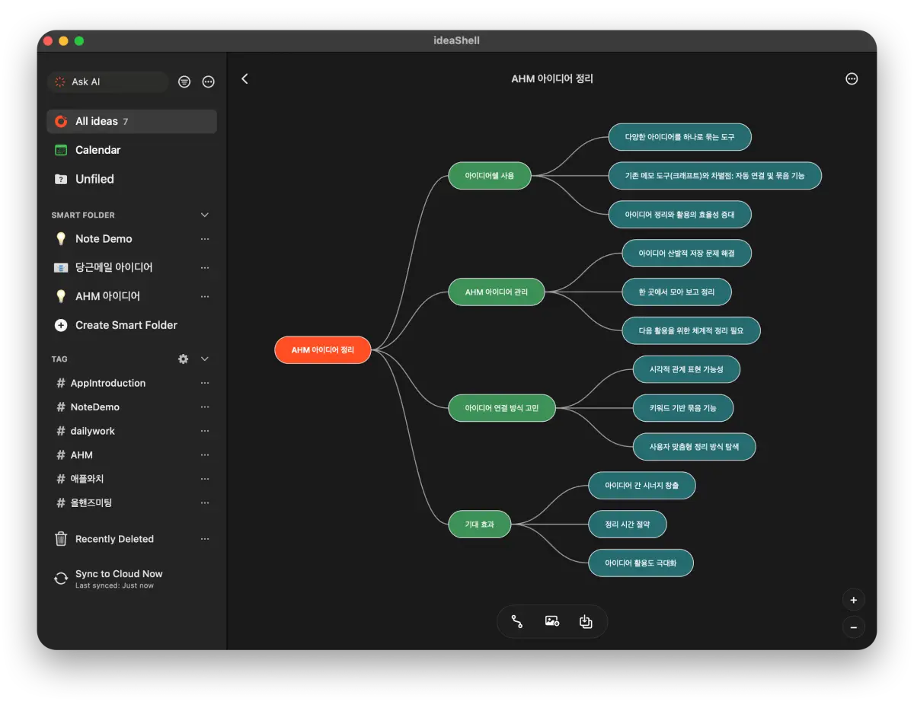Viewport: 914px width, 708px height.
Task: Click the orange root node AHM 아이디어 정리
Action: pyautogui.click(x=323, y=349)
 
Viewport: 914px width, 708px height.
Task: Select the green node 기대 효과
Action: pyautogui.click(x=480, y=525)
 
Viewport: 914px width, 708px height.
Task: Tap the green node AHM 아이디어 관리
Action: pyautogui.click(x=497, y=292)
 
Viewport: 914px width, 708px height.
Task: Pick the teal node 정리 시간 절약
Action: pyautogui.click(x=627, y=525)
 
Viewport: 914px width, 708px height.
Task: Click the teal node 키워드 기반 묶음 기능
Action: pyautogui.click(x=682, y=408)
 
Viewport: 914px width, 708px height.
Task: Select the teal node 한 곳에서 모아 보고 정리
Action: pyautogui.click(x=676, y=292)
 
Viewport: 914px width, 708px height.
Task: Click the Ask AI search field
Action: pyautogui.click(x=108, y=81)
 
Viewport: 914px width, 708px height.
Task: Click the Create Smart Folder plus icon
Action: pyautogui.click(x=61, y=325)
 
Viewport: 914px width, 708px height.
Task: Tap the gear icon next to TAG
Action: pyautogui.click(x=183, y=359)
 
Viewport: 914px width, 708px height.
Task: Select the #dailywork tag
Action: pyautogui.click(x=92, y=431)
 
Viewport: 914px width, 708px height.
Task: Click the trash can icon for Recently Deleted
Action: pyautogui.click(x=61, y=538)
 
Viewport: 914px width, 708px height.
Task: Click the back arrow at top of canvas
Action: pyautogui.click(x=244, y=78)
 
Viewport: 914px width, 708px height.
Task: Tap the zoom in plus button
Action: pyautogui.click(x=853, y=600)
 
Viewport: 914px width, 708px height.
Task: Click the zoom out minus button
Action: pyautogui.click(x=853, y=627)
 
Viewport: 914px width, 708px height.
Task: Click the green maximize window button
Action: pyautogui.click(x=79, y=41)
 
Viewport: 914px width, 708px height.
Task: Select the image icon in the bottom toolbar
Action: pyautogui.click(x=552, y=621)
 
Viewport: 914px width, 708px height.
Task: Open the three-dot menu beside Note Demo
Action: pyautogui.click(x=205, y=239)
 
